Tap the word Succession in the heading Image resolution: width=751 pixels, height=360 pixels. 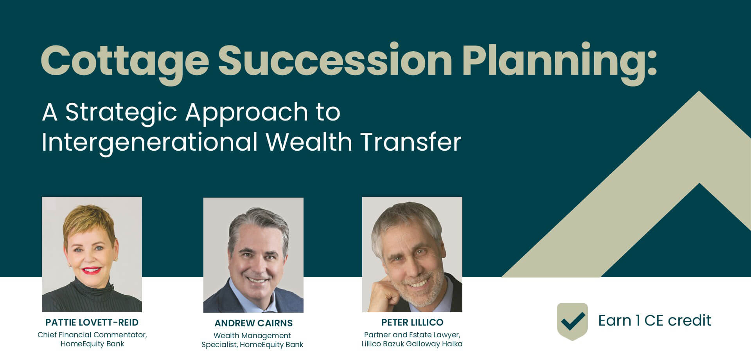pyautogui.click(x=336, y=59)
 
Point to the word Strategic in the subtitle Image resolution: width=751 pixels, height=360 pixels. pyautogui.click(x=121, y=113)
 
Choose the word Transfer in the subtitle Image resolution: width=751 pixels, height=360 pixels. pyautogui.click(x=411, y=141)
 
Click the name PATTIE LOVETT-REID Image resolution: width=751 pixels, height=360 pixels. pyautogui.click(x=92, y=322)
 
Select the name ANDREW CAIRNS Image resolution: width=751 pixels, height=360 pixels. pyautogui.click(x=253, y=323)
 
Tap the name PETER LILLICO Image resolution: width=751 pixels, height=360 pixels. pyautogui.click(x=412, y=322)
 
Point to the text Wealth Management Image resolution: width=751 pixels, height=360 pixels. pyautogui.click(x=252, y=336)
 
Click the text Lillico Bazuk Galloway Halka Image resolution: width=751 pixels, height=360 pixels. pyautogui.click(x=412, y=344)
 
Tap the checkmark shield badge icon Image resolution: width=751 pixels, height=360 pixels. pyautogui.click(x=572, y=321)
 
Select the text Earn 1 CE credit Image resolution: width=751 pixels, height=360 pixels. pyautogui.click(x=655, y=320)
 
